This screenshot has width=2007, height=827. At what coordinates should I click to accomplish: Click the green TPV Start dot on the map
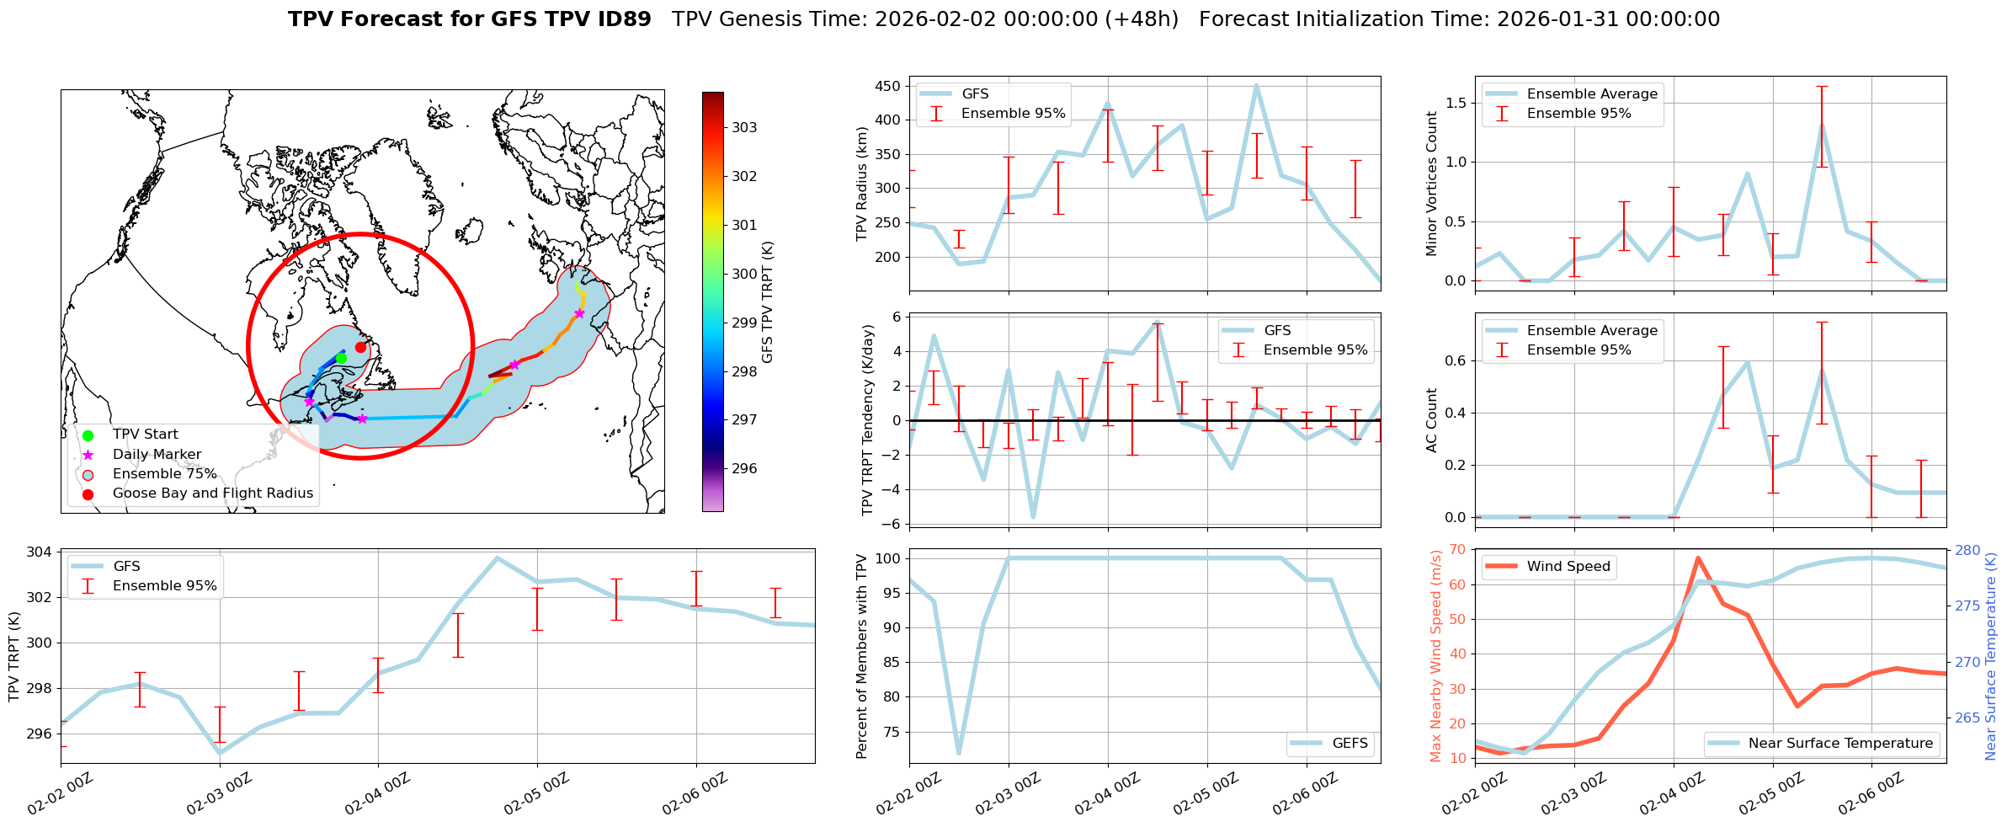point(341,358)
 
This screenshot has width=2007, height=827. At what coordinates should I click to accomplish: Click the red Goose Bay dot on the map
point(360,347)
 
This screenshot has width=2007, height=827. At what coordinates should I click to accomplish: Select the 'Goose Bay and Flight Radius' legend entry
point(212,494)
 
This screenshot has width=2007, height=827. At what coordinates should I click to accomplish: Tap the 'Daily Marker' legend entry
point(157,455)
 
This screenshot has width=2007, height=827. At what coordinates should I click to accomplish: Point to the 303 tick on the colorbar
point(744,128)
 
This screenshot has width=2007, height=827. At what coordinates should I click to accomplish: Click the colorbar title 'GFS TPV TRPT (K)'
point(767,301)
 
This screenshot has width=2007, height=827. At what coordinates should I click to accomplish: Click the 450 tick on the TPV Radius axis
point(887,86)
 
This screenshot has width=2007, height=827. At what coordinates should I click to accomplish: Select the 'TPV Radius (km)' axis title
point(861,184)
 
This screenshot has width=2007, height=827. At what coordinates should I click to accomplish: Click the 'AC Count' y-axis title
point(1431,420)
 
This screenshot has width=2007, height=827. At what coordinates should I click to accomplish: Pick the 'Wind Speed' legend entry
point(1568,567)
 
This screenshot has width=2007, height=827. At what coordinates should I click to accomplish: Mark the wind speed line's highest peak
point(1698,558)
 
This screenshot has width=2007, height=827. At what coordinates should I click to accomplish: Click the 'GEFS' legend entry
point(1350,744)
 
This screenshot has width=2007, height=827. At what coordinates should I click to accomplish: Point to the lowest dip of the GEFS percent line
point(958,753)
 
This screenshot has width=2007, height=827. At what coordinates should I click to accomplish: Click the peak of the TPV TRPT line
point(497,558)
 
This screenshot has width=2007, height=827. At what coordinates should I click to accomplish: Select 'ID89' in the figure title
point(622,19)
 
